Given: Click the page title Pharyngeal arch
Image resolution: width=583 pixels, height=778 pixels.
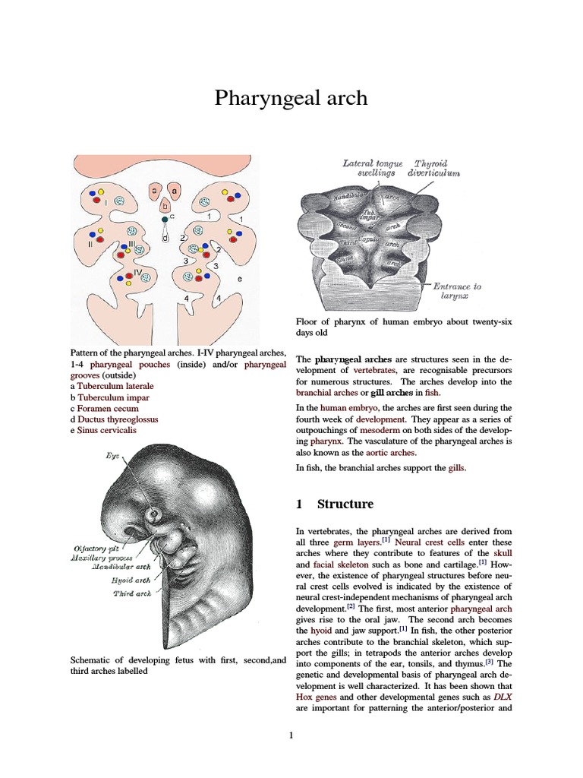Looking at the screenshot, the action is point(291,98).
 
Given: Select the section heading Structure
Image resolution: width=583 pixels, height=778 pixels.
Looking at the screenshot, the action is point(345,504).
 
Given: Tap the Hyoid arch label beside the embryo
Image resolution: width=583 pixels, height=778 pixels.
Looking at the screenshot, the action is point(124,581).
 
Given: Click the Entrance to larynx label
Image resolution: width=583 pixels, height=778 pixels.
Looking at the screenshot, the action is point(457,292).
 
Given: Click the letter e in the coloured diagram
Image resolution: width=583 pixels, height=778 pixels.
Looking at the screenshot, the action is point(239,280).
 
